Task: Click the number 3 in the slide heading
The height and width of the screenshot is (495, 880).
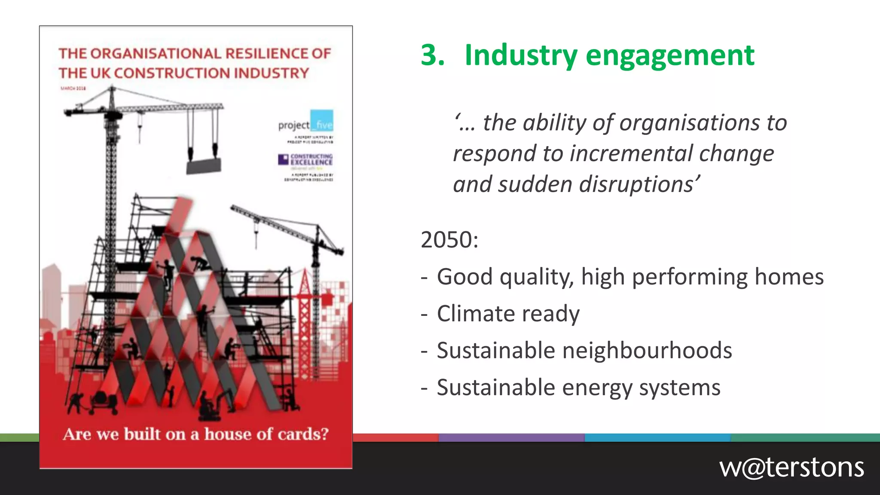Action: (x=432, y=55)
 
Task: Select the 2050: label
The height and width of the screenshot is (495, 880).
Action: (x=449, y=240)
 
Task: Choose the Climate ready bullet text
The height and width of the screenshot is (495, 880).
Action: (x=508, y=314)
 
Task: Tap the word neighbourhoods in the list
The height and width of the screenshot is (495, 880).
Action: (x=647, y=351)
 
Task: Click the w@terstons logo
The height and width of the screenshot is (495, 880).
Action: (x=791, y=467)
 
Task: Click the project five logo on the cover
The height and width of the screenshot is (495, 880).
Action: (x=306, y=123)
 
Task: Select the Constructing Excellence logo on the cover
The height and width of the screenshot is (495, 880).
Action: (x=306, y=159)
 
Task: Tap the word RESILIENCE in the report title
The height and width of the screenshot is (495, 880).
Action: (x=266, y=54)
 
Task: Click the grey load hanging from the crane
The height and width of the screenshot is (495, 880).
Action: (x=204, y=165)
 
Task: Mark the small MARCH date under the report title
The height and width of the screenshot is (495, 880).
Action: (x=73, y=89)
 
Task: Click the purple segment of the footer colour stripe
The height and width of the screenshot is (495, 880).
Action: (x=511, y=437)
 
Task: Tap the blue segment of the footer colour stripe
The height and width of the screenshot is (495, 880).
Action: (x=657, y=437)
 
